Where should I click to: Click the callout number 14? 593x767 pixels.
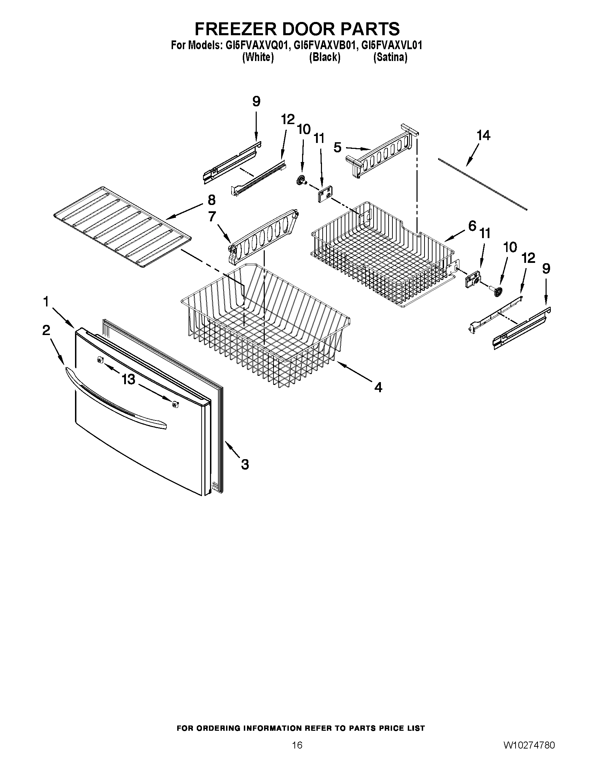(483, 135)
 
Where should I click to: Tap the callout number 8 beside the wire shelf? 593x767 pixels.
(211, 200)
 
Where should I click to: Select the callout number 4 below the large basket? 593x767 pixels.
(378, 388)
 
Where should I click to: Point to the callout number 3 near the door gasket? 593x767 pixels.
(245, 465)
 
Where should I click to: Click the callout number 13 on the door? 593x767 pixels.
(129, 379)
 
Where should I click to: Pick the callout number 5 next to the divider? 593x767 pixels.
(337, 147)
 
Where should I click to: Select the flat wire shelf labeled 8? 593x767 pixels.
(121, 227)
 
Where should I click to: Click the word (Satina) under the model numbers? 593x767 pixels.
(390, 57)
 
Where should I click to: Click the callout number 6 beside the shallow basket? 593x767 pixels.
(472, 226)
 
